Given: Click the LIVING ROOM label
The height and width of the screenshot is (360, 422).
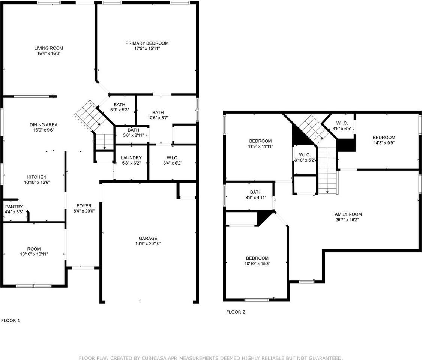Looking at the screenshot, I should point(48,48).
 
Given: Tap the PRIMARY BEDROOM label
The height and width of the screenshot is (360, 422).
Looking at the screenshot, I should point(147,43).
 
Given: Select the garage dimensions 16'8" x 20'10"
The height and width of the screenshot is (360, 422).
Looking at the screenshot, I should point(148,243).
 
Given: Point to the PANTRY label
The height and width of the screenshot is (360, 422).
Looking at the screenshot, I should point(14,207).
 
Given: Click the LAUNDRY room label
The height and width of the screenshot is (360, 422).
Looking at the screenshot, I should point(131,158).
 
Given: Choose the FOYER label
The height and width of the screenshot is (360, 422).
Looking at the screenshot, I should point(84,205).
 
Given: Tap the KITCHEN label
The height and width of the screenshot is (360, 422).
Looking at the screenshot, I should point(36,177).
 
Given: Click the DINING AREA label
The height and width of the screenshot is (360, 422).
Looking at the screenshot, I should point(44,125).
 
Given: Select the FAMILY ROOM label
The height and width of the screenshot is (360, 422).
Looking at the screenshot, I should point(347,214).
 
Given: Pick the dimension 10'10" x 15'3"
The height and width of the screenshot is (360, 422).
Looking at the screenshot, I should point(257,263).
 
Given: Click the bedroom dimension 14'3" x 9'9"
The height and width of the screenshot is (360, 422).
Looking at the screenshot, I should point(384,142).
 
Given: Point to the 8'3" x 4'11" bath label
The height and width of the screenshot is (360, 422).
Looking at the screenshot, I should point(255,198).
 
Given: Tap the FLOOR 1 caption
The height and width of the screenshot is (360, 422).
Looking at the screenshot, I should point(11,320).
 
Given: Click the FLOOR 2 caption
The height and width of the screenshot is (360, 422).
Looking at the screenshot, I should point(236,312).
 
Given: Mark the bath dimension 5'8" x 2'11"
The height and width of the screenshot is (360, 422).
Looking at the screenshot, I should point(133,135).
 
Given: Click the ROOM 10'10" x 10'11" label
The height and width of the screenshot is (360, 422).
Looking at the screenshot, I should point(34,251).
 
